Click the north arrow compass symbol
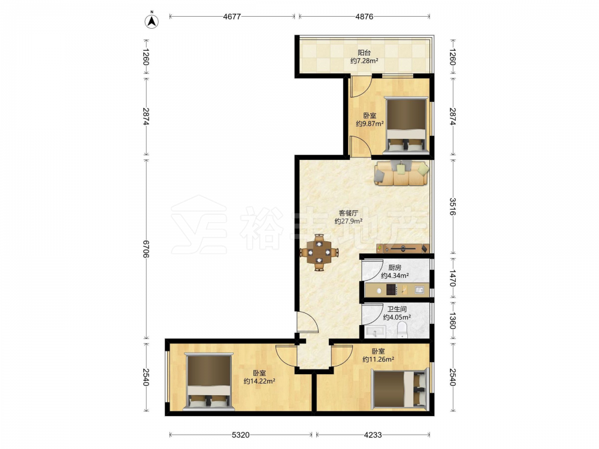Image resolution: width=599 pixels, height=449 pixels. coord(152,21)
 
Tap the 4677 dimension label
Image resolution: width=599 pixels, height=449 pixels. coord(232,16)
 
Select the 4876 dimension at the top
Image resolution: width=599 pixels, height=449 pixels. coord(364,16)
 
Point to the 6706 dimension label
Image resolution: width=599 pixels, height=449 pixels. coord(146,248)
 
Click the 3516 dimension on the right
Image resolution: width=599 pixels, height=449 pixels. coord(453,206)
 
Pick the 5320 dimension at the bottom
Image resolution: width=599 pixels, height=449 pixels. coord(241,435)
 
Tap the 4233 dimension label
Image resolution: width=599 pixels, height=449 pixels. coord(373,435)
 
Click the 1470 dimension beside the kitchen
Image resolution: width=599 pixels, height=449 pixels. coord(453,278)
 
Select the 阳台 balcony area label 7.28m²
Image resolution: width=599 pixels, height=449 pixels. coord(364,57)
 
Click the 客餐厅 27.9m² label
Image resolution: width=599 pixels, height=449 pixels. coord(349,217)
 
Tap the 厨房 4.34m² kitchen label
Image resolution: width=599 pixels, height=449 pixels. coord(395,271)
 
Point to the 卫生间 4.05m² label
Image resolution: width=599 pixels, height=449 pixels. coord(397,313)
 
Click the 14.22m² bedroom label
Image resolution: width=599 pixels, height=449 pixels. coord(259,377)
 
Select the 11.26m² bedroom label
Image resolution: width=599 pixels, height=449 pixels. coord(378,355)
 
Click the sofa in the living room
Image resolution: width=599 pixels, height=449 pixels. coord(401,173)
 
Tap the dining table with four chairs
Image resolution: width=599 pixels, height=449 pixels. coord(319,253)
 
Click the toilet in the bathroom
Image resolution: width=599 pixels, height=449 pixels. coord(403,329)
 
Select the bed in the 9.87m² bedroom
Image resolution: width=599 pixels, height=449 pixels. coord(406,125)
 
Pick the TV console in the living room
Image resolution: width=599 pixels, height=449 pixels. coord(403,248)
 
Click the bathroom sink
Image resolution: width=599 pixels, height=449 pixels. coord(376,332)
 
